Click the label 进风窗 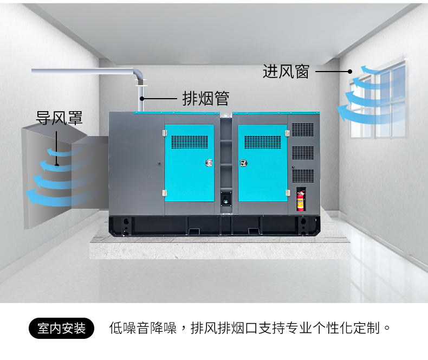coord(286,72)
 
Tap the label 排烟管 coord(205,98)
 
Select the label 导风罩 coord(59,118)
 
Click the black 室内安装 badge coord(61,328)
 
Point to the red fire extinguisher coord(300,201)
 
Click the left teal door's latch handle coord(209,163)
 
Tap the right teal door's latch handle coord(243,163)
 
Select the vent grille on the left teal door coord(190,142)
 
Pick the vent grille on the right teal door coord(263,142)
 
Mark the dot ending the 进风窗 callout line coord(350,72)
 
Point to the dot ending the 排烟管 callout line coord(141,98)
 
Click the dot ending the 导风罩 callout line coord(56,165)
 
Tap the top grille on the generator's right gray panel coord(303,130)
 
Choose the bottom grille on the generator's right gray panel coord(303,176)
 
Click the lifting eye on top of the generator coord(226,116)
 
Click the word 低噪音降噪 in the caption coord(143,328)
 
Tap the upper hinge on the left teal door coord(165,133)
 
